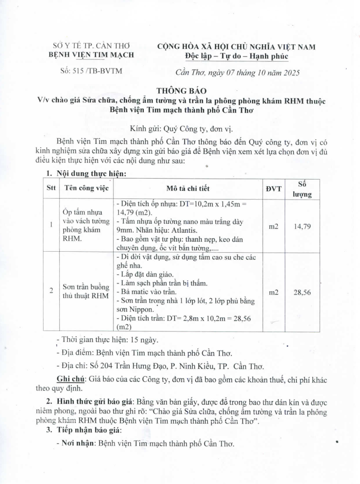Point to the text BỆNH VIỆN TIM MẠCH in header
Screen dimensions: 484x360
[92, 55]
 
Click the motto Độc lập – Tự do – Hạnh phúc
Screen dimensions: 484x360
[237, 57]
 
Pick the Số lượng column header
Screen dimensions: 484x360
[302, 189]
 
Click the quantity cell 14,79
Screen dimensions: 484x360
[302, 227]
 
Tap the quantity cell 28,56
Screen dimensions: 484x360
[302, 293]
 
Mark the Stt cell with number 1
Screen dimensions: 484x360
[51, 225]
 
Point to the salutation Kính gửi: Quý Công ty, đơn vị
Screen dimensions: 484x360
[182, 128]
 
